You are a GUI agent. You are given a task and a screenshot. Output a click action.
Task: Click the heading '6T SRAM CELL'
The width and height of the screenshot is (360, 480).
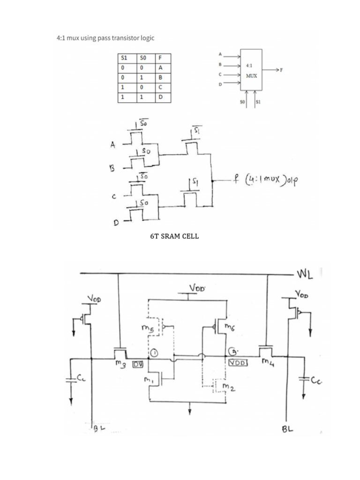tap(174, 236)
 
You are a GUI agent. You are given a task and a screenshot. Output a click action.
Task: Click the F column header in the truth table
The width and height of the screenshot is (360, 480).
tap(161, 59)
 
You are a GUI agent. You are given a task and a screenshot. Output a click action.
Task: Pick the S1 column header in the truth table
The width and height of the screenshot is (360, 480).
tap(124, 59)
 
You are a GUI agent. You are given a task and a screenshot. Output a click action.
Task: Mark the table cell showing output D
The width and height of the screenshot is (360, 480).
tap(161, 97)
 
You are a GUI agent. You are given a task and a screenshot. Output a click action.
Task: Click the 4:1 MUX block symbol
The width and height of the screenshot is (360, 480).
tap(252, 69)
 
